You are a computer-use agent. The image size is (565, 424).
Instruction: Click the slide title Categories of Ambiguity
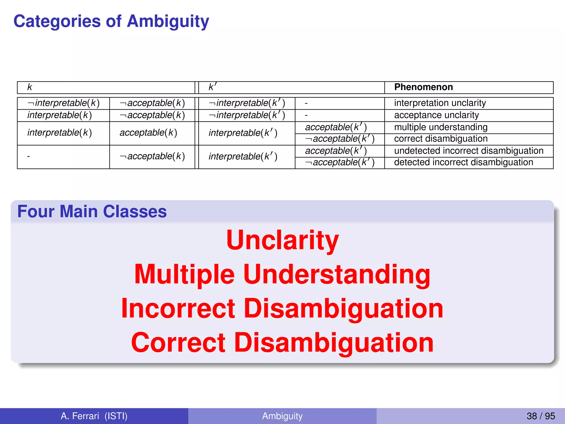pyautogui.click(x=111, y=22)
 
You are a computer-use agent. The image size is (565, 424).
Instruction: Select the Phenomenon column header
pyautogui.click(x=423, y=87)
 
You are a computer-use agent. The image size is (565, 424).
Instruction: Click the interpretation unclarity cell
pyautogui.click(x=440, y=103)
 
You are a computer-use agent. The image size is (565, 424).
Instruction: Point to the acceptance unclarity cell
pyautogui.click(x=436, y=115)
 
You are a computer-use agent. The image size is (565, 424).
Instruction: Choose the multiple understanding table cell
pyautogui.click(x=441, y=127)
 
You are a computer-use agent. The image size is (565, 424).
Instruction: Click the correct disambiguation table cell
pyautogui.click(x=441, y=139)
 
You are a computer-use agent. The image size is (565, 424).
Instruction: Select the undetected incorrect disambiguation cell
pyautogui.click(x=468, y=151)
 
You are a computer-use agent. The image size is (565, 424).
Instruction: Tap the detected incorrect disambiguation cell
pyautogui.click(x=463, y=163)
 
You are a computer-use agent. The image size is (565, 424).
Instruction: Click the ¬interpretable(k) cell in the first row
pyautogui.click(x=63, y=103)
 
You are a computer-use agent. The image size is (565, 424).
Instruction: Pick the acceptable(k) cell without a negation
pyautogui.click(x=148, y=133)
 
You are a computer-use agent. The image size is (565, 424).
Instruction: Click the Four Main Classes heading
pyautogui.click(x=92, y=212)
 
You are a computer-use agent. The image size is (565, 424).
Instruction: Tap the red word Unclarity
pyautogui.click(x=282, y=240)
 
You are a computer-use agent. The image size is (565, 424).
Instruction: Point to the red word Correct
pyautogui.click(x=178, y=343)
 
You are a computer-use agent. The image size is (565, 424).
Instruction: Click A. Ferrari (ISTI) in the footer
pyautogui.click(x=94, y=416)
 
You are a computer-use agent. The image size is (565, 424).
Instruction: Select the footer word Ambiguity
pyautogui.click(x=282, y=416)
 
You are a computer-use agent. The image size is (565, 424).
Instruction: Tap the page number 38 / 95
pyautogui.click(x=540, y=416)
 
